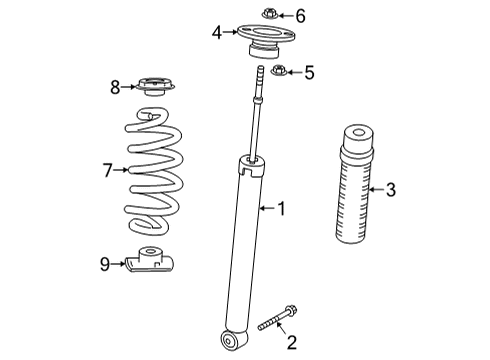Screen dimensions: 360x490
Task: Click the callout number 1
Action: click(x=282, y=208)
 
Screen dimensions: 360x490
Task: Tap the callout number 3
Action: click(x=390, y=188)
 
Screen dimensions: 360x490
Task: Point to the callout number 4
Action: click(x=217, y=33)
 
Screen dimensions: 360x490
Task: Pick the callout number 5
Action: click(x=309, y=71)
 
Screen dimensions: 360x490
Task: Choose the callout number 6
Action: click(x=301, y=14)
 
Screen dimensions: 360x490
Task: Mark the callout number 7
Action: click(x=109, y=171)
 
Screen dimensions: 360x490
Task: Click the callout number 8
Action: click(x=115, y=88)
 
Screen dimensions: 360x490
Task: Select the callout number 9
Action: click(x=105, y=264)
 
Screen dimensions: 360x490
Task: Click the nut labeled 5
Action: click(x=280, y=71)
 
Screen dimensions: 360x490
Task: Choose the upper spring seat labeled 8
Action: click(x=154, y=88)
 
